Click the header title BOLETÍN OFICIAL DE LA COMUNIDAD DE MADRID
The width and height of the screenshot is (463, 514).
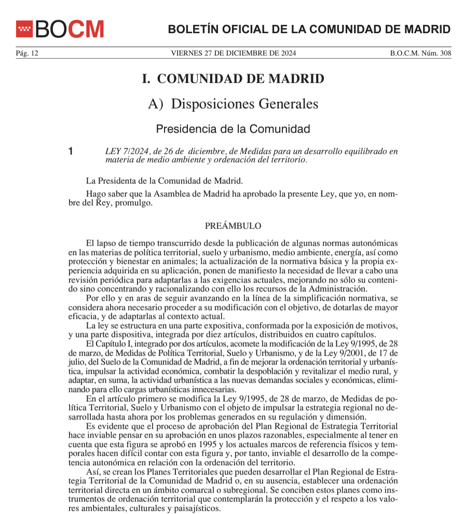[x=309, y=29]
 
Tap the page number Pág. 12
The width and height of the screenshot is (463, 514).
[x=27, y=53]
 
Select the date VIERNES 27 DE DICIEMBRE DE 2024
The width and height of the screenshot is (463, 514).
[x=233, y=53]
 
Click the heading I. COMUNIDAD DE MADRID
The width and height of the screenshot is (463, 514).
[x=233, y=79]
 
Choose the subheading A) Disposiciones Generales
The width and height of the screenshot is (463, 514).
[x=233, y=104]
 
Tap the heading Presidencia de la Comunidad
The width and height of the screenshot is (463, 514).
[x=233, y=128]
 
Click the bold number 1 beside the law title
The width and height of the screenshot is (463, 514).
[x=72, y=152]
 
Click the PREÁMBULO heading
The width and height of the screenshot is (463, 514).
[x=233, y=226]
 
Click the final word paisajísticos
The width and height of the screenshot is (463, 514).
[x=193, y=508]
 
